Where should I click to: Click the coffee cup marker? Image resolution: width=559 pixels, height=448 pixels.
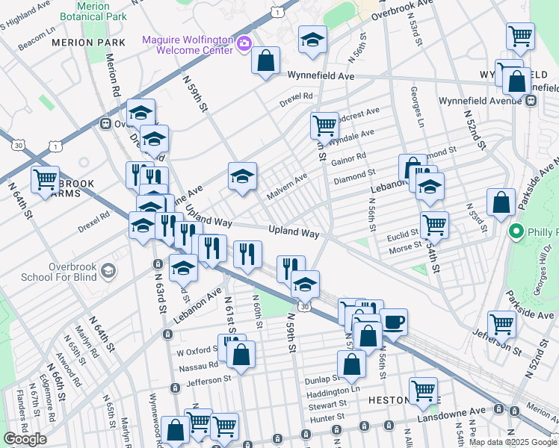394,323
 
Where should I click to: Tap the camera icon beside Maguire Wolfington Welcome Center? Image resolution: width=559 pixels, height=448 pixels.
244,45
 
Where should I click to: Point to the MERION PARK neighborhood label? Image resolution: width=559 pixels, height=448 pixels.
82,43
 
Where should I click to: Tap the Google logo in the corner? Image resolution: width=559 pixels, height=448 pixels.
25,439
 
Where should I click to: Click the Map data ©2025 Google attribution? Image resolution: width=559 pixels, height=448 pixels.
513,442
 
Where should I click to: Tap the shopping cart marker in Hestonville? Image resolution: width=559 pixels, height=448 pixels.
424,390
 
